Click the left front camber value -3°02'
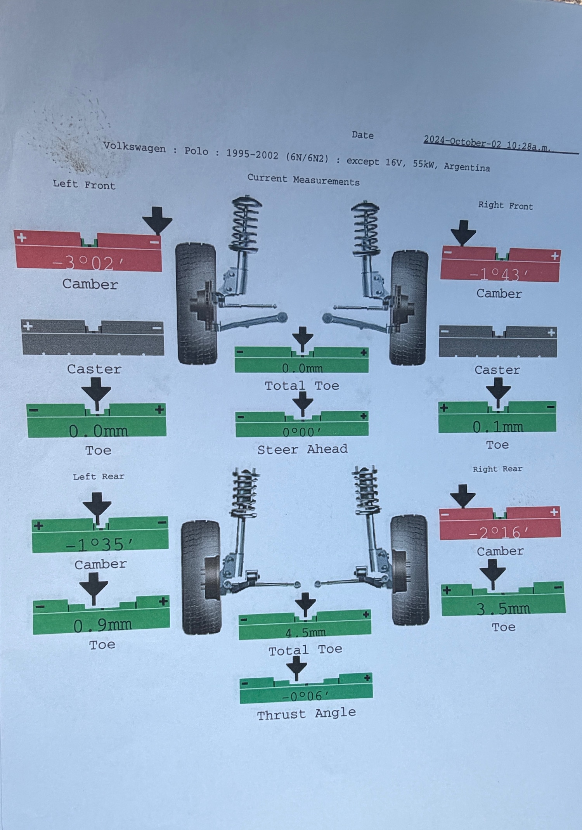pyautogui.click(x=88, y=263)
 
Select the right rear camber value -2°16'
pyautogui.click(x=499, y=532)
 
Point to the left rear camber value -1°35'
pyautogui.click(x=100, y=544)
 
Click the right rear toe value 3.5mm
pyautogui.click(x=503, y=608)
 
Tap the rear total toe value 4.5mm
pyautogui.click(x=305, y=633)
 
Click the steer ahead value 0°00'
pyautogui.click(x=302, y=432)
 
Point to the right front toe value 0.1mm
pyautogui.click(x=498, y=427)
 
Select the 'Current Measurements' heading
pyautogui.click(x=303, y=180)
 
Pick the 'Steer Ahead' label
pyautogui.click(x=302, y=449)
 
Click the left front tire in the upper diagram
pyautogui.click(x=196, y=303)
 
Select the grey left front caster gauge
pyautogui.click(x=93, y=338)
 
